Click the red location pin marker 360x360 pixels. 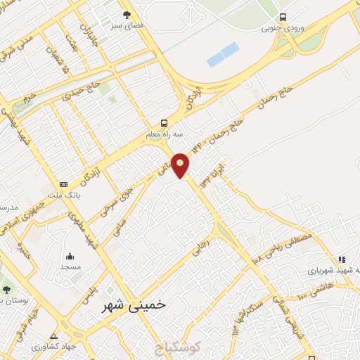(x=181, y=165)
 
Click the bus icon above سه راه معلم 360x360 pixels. (x=164, y=122)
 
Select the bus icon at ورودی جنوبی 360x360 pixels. (x=283, y=17)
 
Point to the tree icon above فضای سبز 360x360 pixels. (x=127, y=14)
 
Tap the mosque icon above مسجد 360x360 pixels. (x=70, y=256)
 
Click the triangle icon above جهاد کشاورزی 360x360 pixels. (x=54, y=335)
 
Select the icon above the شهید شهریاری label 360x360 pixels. (x=341, y=259)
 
